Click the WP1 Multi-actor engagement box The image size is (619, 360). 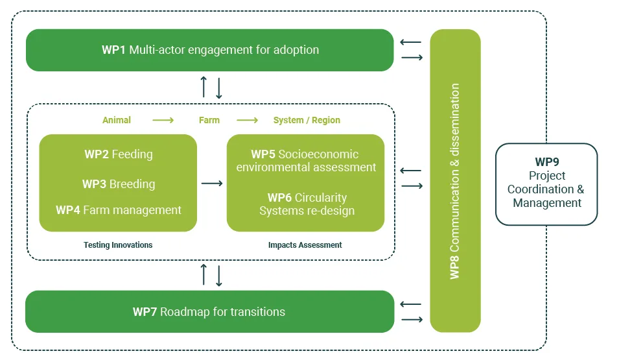[209, 50]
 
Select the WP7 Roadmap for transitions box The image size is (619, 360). [209, 312]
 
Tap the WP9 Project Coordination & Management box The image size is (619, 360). [546, 184]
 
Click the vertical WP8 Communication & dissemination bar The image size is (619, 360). [455, 180]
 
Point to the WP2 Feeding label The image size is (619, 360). [119, 154]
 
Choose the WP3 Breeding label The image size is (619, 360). [119, 184]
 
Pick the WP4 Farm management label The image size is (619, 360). [119, 210]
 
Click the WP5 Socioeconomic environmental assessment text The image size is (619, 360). [306, 160]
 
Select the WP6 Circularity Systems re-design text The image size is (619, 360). [307, 204]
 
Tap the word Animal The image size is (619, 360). [117, 120]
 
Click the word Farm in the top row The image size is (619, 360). [209, 120]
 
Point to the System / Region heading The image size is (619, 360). [307, 120]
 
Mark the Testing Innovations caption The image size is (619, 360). [118, 245]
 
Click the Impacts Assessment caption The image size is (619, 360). [305, 245]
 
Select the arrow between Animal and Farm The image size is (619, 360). [163, 120]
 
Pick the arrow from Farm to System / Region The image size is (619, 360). [247, 120]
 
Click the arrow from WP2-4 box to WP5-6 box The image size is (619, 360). [212, 184]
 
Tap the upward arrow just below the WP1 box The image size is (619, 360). [204, 87]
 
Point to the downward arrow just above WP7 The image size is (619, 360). [219, 276]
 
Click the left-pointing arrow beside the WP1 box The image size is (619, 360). [410, 42]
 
